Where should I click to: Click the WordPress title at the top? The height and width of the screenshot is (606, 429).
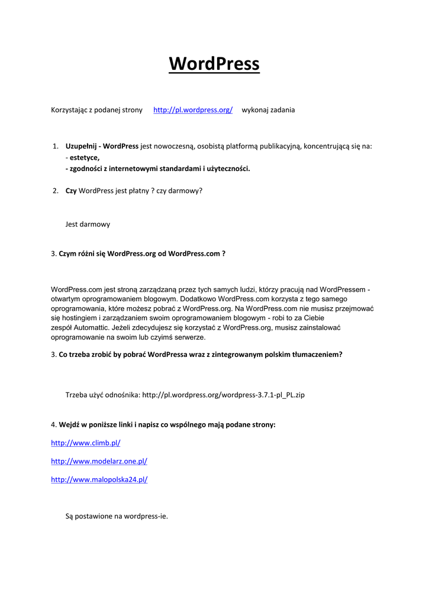pos(214,63)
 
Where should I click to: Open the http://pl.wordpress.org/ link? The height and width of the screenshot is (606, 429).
pos(193,110)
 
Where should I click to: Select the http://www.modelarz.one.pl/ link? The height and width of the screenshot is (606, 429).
pos(99,461)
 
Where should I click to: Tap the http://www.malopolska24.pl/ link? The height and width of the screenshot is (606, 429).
pos(99,479)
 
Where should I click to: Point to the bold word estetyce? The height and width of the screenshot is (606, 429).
pos(84,157)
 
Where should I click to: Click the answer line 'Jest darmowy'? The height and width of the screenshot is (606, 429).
pos(87,224)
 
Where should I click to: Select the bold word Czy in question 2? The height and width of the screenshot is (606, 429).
pos(71,191)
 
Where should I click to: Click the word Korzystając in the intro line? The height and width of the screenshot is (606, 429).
pos(69,110)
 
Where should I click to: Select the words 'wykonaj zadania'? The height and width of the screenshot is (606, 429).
pos(268,110)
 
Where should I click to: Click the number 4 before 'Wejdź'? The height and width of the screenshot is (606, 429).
pos(53,424)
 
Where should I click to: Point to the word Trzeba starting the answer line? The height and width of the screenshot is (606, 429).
pos(76,394)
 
